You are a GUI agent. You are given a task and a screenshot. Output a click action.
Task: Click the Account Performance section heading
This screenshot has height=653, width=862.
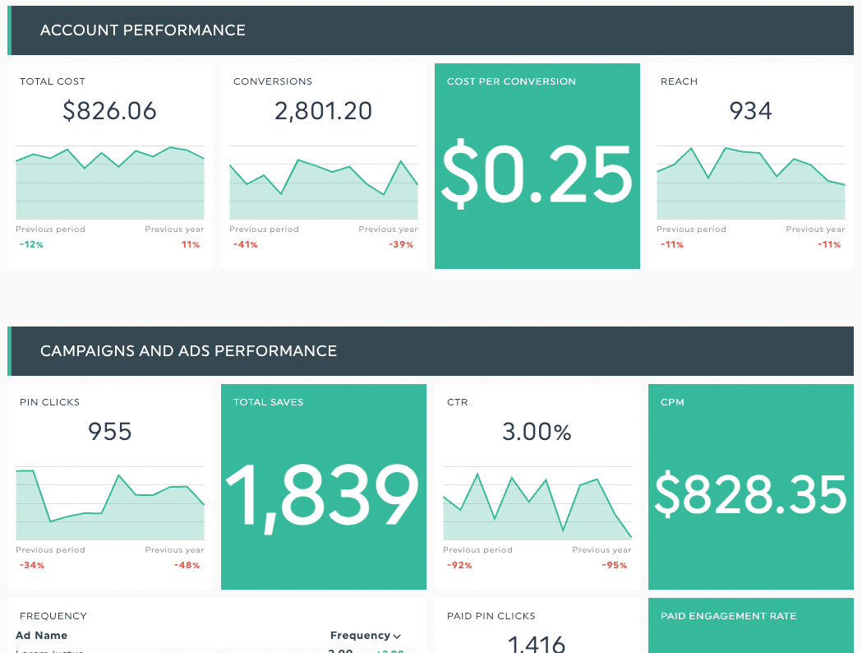(x=142, y=30)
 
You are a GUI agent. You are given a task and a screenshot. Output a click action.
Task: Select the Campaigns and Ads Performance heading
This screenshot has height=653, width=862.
(x=188, y=351)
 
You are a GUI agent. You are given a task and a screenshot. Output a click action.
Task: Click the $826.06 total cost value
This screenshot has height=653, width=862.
(x=109, y=111)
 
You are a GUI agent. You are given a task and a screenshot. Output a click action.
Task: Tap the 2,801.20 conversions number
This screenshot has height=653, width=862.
(x=323, y=111)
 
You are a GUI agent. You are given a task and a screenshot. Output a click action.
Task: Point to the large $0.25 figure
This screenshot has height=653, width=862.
(x=537, y=174)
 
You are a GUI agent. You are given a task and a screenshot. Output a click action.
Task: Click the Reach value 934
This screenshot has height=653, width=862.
(x=750, y=111)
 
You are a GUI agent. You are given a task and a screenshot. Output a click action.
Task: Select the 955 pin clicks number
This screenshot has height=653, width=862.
(x=109, y=432)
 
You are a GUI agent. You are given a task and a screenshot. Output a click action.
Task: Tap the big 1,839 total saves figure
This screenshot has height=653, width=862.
(x=322, y=495)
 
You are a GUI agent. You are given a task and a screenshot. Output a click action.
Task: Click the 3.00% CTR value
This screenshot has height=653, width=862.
(x=537, y=432)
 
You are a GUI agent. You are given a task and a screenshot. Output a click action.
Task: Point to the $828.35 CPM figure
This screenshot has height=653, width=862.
(x=750, y=495)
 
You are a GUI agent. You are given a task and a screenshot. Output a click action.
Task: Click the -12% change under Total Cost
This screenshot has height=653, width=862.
(x=31, y=245)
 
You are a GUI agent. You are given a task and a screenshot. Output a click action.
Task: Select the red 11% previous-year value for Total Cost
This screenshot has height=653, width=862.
(x=191, y=245)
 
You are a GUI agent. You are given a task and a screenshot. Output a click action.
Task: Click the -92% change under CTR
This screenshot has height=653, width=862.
(x=459, y=566)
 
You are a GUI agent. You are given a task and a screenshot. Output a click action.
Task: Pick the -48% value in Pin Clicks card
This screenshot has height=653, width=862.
(x=187, y=566)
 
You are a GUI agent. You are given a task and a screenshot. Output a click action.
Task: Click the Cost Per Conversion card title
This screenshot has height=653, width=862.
(x=511, y=81)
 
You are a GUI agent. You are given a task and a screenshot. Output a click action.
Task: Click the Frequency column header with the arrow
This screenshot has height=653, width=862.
(x=366, y=636)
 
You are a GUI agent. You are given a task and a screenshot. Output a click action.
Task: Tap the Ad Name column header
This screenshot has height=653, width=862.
(x=41, y=636)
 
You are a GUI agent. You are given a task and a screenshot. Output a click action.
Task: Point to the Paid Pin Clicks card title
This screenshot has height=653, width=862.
(x=491, y=616)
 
